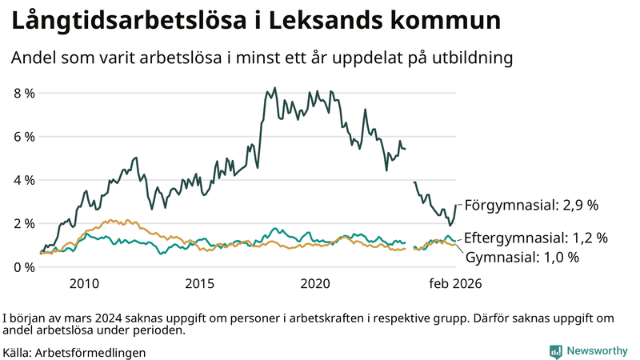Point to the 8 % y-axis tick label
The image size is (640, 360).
24,93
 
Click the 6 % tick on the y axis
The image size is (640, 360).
24,137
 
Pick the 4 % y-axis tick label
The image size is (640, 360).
24,180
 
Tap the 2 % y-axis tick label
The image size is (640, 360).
24,223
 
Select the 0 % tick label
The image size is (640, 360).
24,266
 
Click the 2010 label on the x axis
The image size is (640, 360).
84,284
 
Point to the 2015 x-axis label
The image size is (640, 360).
200,284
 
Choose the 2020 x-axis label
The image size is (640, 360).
315,284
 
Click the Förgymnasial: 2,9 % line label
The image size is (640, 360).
531,206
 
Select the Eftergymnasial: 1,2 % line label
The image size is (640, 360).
536,238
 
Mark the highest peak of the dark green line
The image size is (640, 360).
275,88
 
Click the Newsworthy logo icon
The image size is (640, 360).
555,351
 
